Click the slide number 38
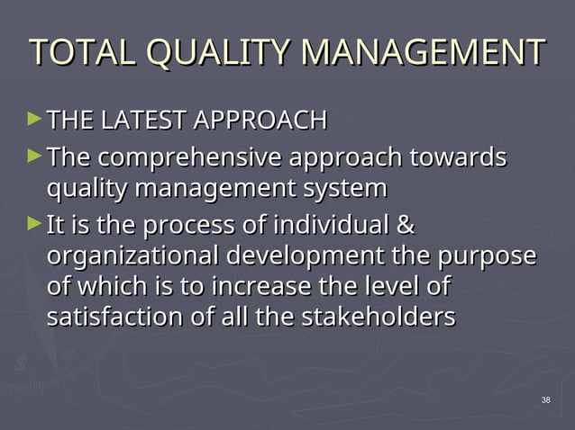545,399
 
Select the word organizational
131,255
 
